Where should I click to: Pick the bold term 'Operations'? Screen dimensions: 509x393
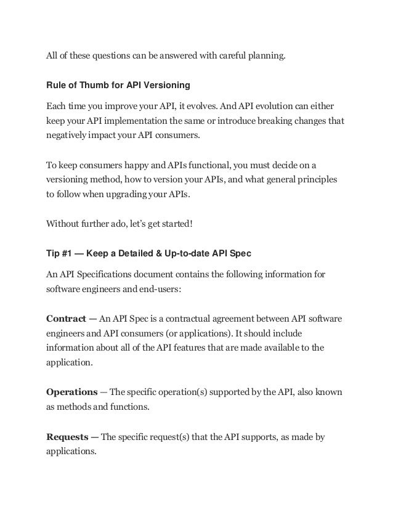click(x=72, y=392)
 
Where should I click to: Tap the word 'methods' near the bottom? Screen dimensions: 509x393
click(x=78, y=407)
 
